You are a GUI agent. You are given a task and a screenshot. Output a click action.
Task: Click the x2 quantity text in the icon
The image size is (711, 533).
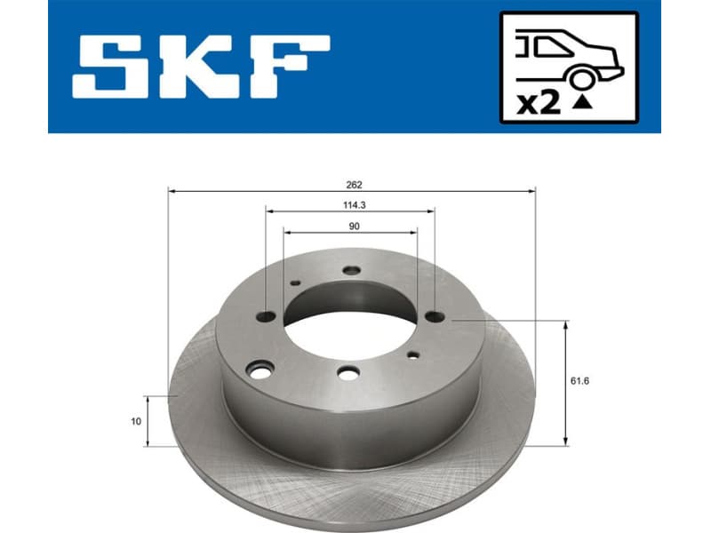pyautogui.click(x=539, y=104)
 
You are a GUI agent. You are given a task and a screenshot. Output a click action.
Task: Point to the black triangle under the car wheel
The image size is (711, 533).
pyautogui.click(x=582, y=103)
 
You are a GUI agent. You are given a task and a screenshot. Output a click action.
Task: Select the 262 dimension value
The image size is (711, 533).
pyautogui.click(x=355, y=185)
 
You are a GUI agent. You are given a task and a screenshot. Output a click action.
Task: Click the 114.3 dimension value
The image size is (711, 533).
pyautogui.click(x=353, y=205)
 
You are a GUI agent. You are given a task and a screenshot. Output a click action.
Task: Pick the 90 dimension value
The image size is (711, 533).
pyautogui.click(x=354, y=227)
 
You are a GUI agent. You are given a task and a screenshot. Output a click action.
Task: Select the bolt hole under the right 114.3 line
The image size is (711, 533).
pyautogui.click(x=434, y=315)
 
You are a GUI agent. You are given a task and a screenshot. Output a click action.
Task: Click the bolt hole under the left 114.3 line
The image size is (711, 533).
pyautogui.click(x=266, y=315)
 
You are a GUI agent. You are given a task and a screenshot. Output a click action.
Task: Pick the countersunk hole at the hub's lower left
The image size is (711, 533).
pyautogui.click(x=260, y=369)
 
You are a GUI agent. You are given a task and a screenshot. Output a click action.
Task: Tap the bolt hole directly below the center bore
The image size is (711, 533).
pyautogui.click(x=348, y=373)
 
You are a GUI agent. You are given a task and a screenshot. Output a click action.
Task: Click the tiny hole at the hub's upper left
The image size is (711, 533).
pyautogui.click(x=295, y=282)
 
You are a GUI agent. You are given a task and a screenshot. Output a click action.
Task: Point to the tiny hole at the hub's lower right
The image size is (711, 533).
pyautogui.click(x=412, y=354)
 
